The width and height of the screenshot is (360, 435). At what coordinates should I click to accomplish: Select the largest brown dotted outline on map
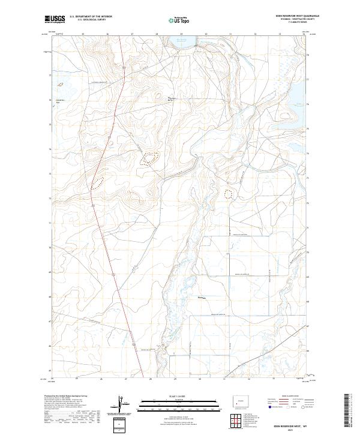148,158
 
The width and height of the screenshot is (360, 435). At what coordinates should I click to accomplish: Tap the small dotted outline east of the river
228,193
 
